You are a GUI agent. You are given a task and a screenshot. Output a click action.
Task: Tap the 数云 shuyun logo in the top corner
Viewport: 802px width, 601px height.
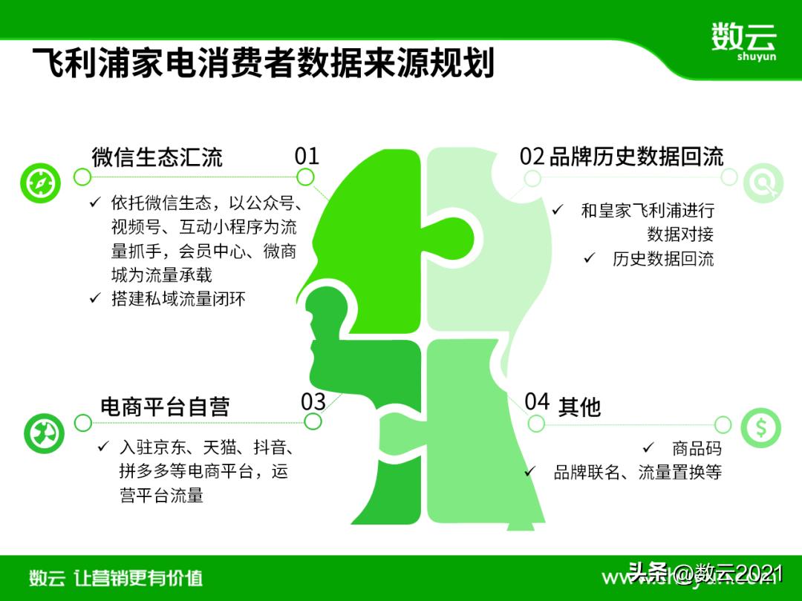pyautogui.click(x=743, y=41)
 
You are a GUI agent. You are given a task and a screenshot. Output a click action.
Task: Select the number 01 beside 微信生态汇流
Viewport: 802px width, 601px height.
pyautogui.click(x=307, y=156)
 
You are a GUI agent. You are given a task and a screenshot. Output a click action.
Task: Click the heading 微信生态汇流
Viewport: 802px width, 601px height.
pyautogui.click(x=157, y=157)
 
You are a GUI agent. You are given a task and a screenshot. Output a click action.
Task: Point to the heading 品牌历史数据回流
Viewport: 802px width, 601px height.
pyautogui.click(x=636, y=157)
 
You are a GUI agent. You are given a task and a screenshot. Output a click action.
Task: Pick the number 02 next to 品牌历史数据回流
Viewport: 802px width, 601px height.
pyautogui.click(x=532, y=157)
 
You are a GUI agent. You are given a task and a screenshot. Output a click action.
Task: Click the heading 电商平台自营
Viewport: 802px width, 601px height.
pyautogui.click(x=165, y=406)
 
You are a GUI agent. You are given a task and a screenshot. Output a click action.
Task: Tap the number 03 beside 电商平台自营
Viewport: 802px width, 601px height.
pyautogui.click(x=313, y=401)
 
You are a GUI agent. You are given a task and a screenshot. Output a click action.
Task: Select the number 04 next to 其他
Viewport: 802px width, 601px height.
pyautogui.click(x=537, y=401)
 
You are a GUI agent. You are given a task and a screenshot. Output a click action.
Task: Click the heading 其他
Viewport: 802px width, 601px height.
pyautogui.click(x=579, y=407)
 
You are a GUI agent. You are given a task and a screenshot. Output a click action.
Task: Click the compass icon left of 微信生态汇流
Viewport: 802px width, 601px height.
pyautogui.click(x=40, y=182)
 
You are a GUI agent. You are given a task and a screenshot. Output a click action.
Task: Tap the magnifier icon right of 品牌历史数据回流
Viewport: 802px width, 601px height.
pyautogui.click(x=761, y=181)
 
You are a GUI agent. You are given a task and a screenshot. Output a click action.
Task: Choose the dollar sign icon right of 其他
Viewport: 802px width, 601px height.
pyautogui.click(x=761, y=427)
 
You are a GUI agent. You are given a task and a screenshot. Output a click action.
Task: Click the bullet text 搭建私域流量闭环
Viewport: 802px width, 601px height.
pyautogui.click(x=178, y=299)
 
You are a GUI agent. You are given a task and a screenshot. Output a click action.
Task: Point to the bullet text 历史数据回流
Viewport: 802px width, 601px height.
pyautogui.click(x=662, y=259)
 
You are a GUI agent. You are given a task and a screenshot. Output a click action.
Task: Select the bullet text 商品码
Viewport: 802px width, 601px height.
pyautogui.click(x=697, y=448)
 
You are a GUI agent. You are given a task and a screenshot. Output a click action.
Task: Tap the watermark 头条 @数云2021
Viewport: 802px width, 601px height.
pyautogui.click(x=705, y=573)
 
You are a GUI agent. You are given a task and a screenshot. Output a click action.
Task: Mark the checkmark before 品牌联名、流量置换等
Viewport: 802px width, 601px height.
pyautogui.click(x=530, y=471)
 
